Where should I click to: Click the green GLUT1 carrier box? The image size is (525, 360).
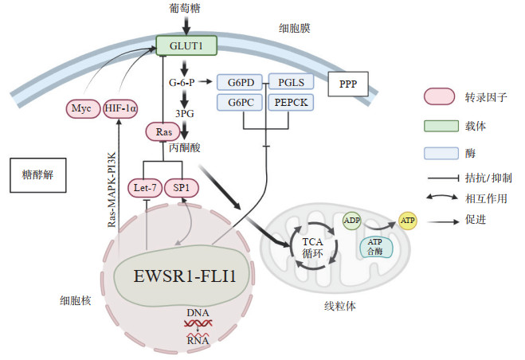pos(186,46)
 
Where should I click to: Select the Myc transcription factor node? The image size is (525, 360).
pos(80,108)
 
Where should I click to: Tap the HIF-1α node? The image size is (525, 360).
pos(121,108)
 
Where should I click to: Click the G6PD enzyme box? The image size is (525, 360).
pos(241,82)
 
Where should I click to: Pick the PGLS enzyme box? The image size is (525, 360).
pos(291,82)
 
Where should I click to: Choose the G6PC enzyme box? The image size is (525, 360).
pos(241,103)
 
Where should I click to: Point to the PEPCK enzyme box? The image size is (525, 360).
pos(291,103)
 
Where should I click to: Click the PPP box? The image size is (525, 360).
pos(348,84)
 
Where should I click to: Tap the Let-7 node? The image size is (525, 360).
pos(144,189)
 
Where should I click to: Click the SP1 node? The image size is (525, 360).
pos(182,189)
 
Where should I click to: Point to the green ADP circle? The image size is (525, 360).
pos(351,221)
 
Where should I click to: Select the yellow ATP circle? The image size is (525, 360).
pos(408,221)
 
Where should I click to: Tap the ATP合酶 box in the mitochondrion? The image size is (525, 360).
pos(375,247)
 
